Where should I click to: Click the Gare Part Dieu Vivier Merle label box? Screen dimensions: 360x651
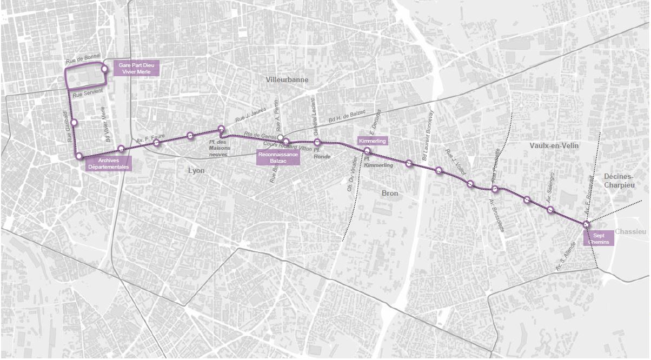pyautogui.click(x=136, y=69)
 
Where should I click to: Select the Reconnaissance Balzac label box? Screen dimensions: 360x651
pyautogui.click(x=278, y=157)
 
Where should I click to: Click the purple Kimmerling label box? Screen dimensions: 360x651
pyautogui.click(x=373, y=141)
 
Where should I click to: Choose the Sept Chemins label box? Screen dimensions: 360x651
pyautogui.click(x=599, y=238)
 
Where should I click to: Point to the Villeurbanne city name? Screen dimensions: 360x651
pyautogui.click(x=287, y=79)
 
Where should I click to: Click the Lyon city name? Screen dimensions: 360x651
pyautogui.click(x=196, y=170)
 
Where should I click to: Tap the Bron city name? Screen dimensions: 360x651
pyautogui.click(x=389, y=193)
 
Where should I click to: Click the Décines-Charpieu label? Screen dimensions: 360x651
pyautogui.click(x=619, y=181)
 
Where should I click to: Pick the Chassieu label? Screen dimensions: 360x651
pyautogui.click(x=630, y=231)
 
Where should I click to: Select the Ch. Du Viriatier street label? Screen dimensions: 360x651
pyautogui.click(x=351, y=175)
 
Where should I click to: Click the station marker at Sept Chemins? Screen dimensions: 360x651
pyautogui.click(x=586, y=224)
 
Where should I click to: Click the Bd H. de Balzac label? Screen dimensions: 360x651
pyautogui.click(x=347, y=116)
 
